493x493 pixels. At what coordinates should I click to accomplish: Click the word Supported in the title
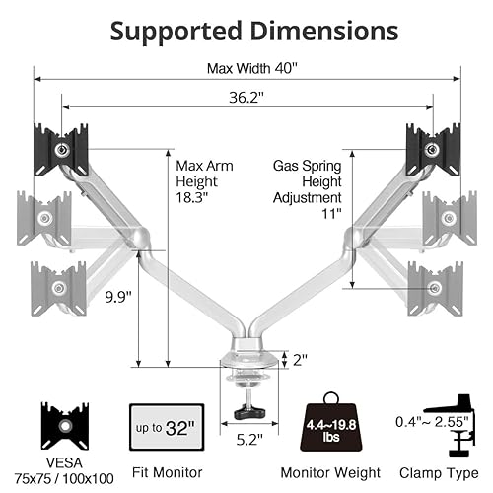point(176,33)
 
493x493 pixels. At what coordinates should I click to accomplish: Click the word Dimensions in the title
point(324,31)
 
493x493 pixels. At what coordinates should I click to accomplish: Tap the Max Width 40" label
point(252,68)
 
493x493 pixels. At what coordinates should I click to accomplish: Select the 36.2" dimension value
point(246,98)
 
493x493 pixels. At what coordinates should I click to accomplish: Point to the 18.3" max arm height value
point(191,197)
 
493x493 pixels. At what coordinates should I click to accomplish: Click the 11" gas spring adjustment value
point(331,214)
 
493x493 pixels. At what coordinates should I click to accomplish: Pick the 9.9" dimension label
point(118,297)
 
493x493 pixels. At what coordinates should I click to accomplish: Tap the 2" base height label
point(300,360)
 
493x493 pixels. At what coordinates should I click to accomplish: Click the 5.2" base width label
point(249,440)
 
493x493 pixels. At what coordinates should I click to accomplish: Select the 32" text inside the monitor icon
point(179,428)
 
